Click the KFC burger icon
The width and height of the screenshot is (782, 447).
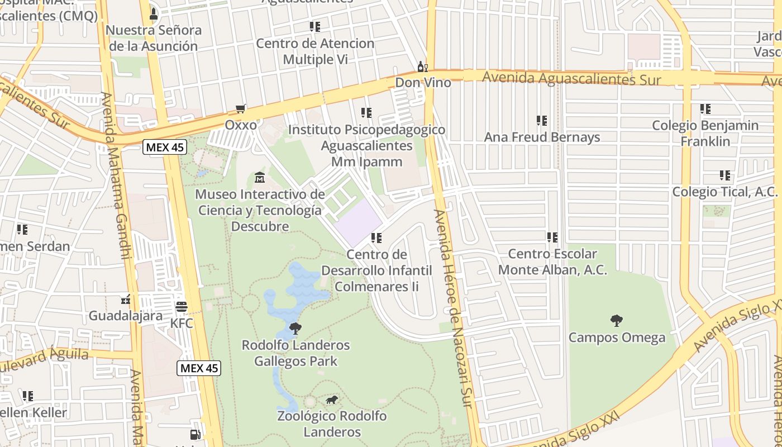click(181, 306)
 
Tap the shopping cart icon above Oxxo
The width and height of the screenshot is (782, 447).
click(241, 108)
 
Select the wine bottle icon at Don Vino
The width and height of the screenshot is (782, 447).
click(423, 67)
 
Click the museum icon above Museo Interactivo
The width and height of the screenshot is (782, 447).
click(260, 178)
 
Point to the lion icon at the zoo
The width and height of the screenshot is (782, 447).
click(332, 400)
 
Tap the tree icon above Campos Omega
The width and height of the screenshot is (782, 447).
click(617, 321)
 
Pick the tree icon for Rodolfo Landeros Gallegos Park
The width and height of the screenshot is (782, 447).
click(295, 328)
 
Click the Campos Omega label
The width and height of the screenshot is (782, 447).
click(617, 337)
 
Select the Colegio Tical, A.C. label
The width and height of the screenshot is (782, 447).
click(724, 192)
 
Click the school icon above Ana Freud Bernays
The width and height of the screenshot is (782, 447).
click(541, 120)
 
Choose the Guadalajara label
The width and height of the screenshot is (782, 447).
click(126, 316)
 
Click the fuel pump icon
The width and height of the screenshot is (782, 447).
click(195, 434)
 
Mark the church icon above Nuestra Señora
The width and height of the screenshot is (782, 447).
click(154, 13)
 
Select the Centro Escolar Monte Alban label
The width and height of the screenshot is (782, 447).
click(552, 262)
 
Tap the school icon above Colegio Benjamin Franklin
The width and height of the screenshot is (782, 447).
click(705, 109)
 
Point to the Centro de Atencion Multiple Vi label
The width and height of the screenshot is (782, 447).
click(315, 51)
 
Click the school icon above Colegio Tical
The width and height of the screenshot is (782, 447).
click(725, 175)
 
